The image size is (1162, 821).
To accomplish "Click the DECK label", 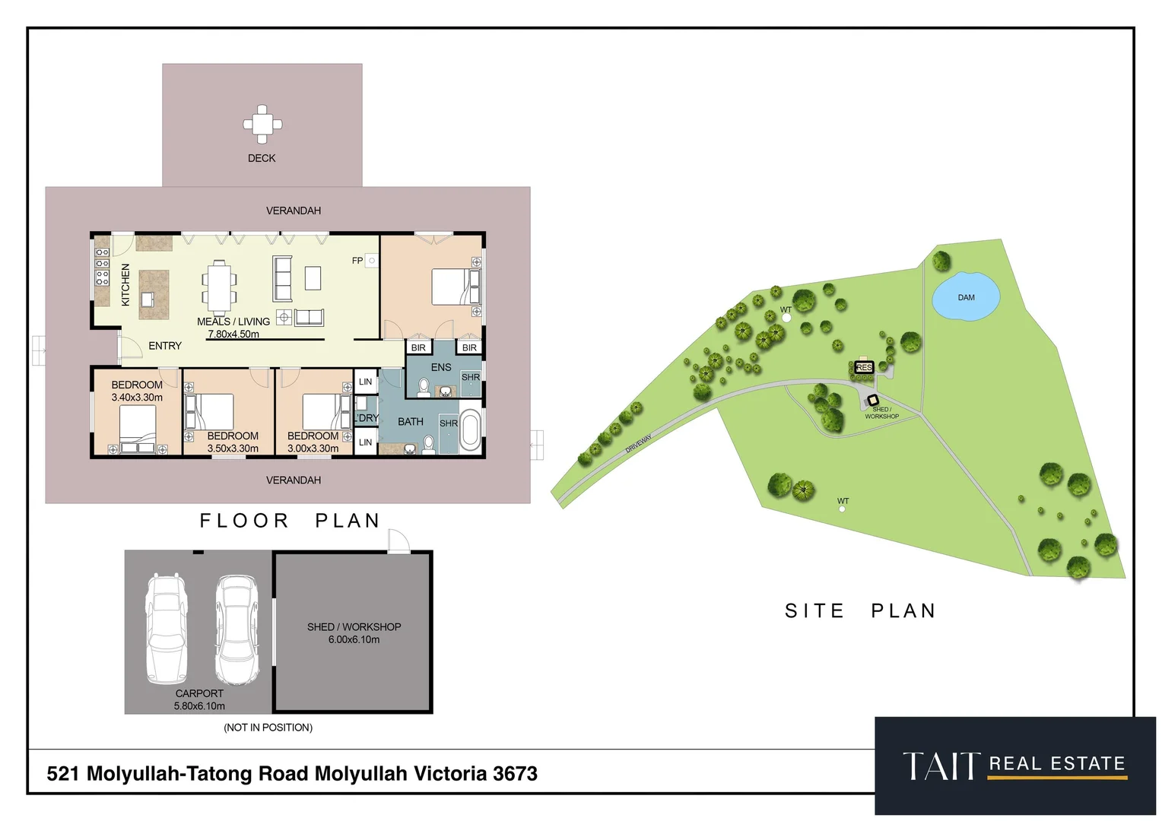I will (x=262, y=158).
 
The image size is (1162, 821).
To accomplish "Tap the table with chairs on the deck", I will (x=262, y=124).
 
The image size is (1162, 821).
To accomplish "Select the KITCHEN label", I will (x=125, y=285).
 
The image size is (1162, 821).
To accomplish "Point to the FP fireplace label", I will (x=357, y=261).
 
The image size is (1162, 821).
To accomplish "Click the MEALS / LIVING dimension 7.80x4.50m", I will (x=233, y=334).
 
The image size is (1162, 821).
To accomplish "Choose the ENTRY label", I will (x=165, y=346).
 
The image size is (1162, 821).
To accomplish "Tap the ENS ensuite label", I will (x=441, y=367).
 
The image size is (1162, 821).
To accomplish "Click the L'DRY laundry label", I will (x=367, y=418).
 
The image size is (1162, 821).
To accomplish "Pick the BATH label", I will (x=411, y=422).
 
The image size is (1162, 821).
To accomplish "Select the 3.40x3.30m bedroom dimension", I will (x=137, y=398).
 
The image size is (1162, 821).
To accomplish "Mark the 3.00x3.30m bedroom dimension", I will (x=313, y=449).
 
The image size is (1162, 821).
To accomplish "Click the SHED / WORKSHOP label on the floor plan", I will (x=354, y=627).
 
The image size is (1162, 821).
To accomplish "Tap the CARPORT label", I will (x=199, y=693).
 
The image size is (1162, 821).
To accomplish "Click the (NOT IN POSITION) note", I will (x=268, y=727).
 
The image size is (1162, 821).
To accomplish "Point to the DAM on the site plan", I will (x=966, y=297).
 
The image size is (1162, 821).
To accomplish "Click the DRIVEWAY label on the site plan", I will (x=638, y=444).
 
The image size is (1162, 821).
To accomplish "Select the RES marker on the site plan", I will (x=864, y=368).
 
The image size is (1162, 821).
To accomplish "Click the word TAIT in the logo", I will (x=941, y=766).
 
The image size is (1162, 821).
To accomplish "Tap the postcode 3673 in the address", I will (x=515, y=774).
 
